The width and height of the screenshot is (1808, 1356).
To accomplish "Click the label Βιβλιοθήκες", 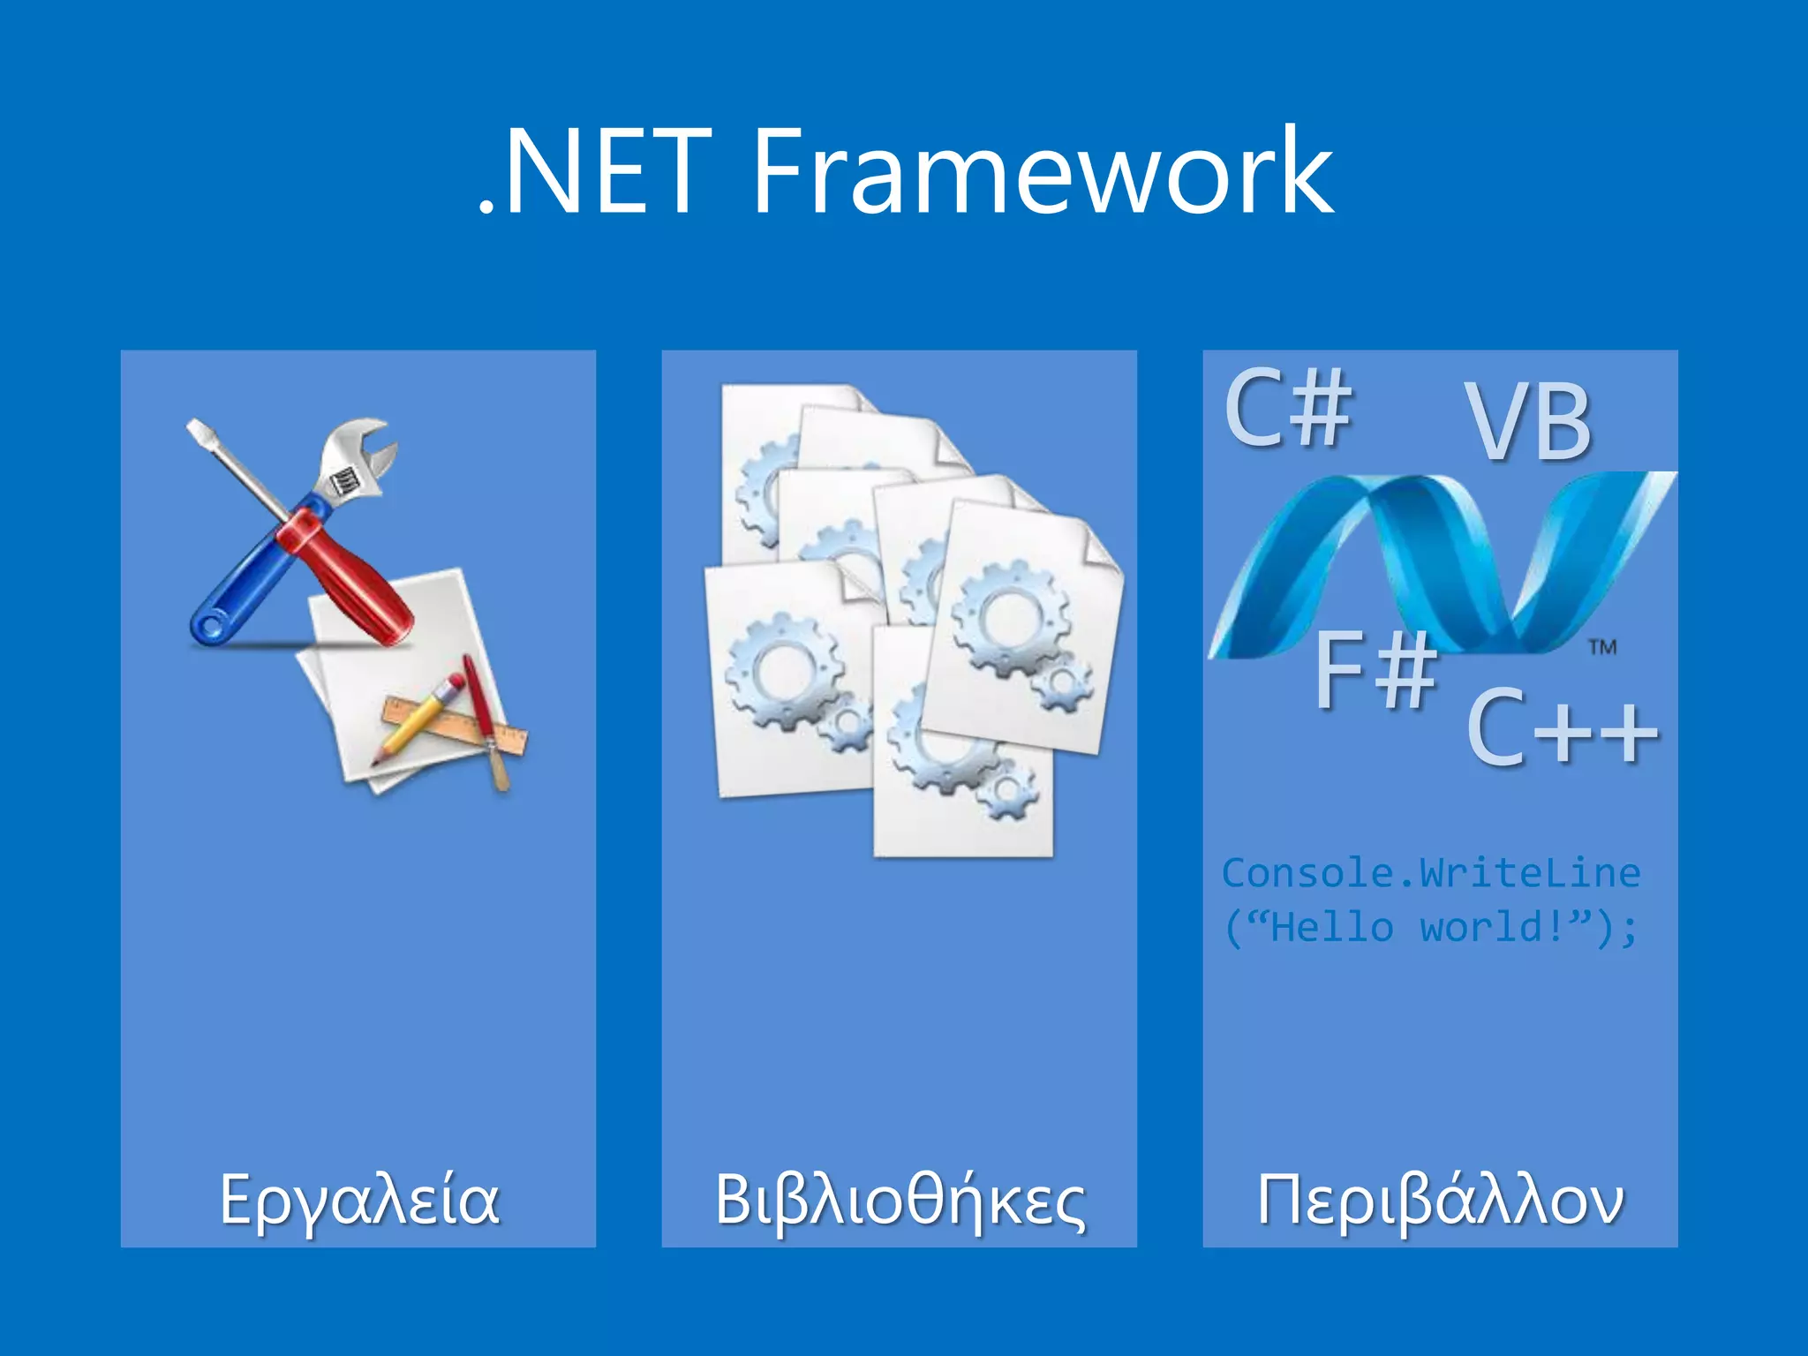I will [x=900, y=1201].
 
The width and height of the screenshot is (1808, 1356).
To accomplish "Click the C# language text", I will [x=1288, y=408].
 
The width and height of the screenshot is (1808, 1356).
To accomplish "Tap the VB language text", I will [x=1529, y=422].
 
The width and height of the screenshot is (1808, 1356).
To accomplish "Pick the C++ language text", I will [x=1562, y=728].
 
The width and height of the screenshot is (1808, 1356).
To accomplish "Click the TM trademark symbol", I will [x=1602, y=647].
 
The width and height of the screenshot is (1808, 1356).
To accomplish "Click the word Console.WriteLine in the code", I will [x=1430, y=873].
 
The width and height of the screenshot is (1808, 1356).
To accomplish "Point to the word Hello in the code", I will [x=1332, y=927].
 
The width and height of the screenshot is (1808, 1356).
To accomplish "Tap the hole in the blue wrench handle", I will [x=210, y=628].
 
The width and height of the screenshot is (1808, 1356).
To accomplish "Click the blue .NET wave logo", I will [x=1439, y=565].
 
